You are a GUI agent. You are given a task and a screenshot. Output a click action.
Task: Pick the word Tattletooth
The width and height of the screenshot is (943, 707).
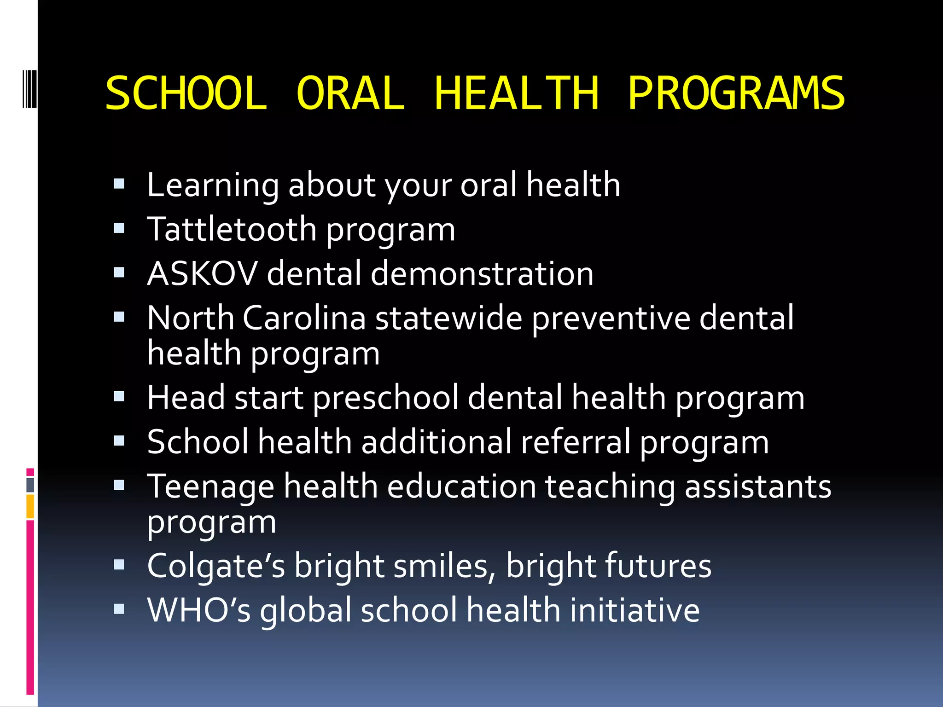click(232, 229)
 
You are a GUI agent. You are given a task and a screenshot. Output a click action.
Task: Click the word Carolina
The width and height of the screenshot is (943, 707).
click(304, 318)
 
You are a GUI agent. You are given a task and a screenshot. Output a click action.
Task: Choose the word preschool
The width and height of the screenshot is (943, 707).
click(385, 398)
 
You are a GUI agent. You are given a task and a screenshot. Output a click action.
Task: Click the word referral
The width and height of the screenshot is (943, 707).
click(576, 442)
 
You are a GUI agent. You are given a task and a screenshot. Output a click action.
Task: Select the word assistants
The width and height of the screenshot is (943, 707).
click(758, 487)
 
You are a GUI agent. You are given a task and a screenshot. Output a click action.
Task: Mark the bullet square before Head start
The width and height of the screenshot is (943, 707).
click(119, 396)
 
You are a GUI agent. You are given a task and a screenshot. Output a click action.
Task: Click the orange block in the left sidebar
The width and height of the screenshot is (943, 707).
click(30, 506)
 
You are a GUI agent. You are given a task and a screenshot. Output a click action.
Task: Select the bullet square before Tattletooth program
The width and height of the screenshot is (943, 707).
click(119, 228)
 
